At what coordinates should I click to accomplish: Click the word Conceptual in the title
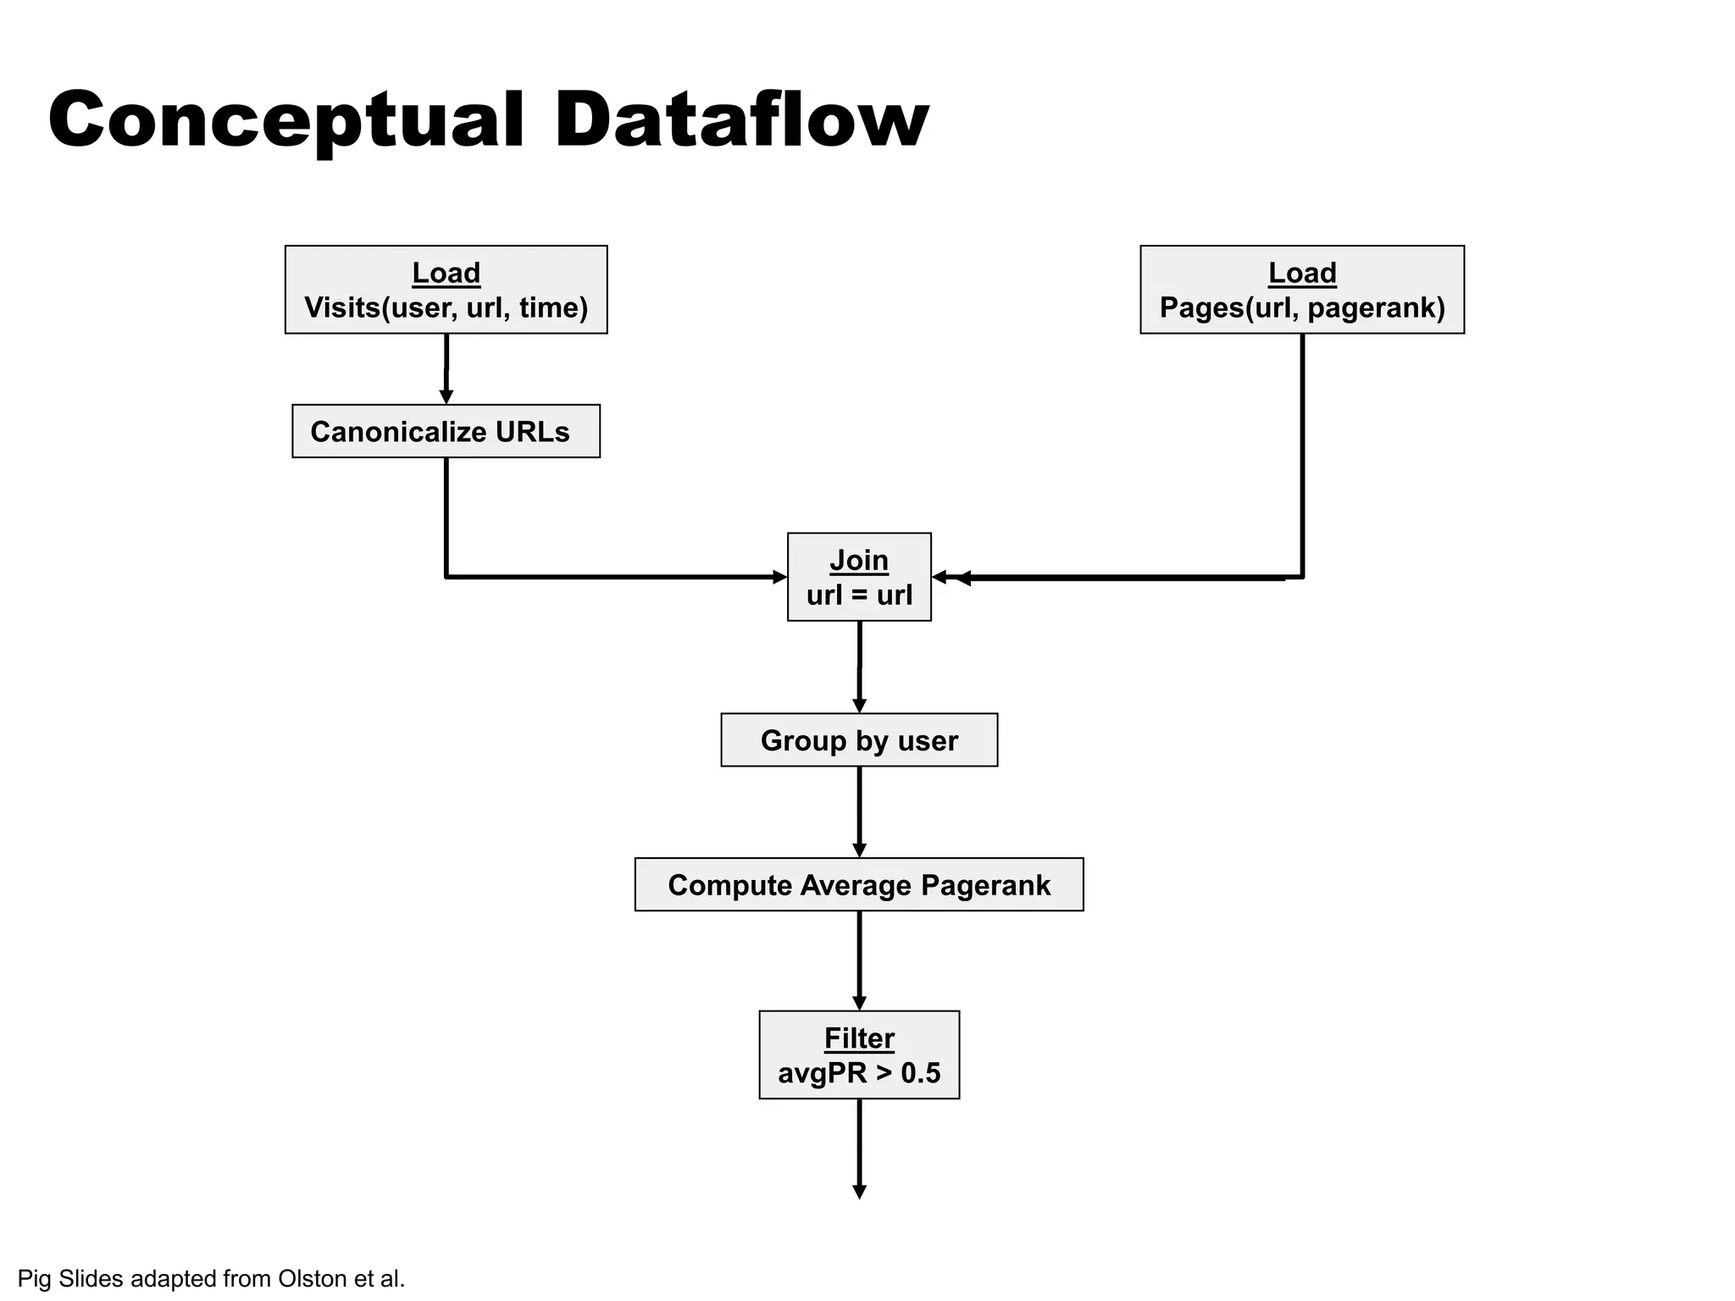[x=286, y=120]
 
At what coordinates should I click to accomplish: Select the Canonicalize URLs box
[x=446, y=431]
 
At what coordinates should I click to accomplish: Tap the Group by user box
[x=858, y=740]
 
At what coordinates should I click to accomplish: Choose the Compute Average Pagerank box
[x=858, y=885]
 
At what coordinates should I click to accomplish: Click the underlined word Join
[x=858, y=561]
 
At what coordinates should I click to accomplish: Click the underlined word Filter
[x=858, y=1038]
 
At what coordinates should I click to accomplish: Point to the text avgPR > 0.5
[x=858, y=1073]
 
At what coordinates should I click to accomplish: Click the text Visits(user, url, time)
[x=446, y=307]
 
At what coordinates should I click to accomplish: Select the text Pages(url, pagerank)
[x=1301, y=307]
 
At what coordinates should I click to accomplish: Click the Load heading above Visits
[x=446, y=273]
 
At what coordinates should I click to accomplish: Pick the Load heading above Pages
[x=1301, y=273]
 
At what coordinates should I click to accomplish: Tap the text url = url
[x=858, y=595]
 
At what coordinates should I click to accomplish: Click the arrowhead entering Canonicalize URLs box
[x=446, y=396]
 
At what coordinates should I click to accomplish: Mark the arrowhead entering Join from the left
[x=779, y=578]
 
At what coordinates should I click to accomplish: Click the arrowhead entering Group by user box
[x=859, y=706]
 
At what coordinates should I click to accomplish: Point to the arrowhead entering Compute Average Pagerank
[x=859, y=850]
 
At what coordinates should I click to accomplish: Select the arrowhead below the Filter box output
[x=859, y=1192]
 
